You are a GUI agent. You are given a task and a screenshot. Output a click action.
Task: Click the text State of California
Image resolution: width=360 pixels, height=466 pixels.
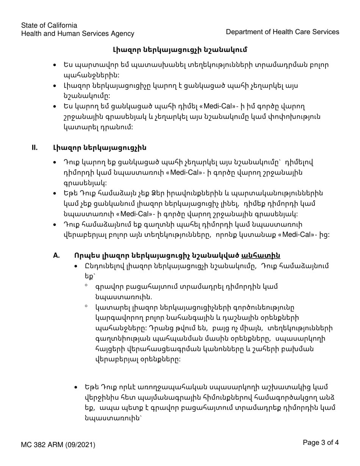pyautogui.click(x=49, y=25)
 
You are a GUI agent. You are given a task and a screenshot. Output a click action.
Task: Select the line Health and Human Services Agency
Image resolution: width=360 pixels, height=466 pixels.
pyautogui.click(x=78, y=34)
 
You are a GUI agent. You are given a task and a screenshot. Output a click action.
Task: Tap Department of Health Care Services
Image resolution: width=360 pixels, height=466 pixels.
pyautogui.click(x=282, y=32)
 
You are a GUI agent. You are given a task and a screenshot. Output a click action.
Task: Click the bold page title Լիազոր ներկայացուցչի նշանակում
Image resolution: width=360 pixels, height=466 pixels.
pyautogui.click(x=180, y=50)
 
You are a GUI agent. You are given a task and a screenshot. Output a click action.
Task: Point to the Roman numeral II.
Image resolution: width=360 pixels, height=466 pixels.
pyautogui.click(x=34, y=147)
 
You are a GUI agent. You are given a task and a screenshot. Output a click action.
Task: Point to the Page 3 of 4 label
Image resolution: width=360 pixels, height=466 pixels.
pyautogui.click(x=321, y=442)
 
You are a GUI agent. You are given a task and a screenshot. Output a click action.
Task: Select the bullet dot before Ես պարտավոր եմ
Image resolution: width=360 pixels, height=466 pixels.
pyautogui.click(x=56, y=65)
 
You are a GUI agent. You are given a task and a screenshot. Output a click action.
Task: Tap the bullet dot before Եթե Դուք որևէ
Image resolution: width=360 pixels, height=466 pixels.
pyautogui.click(x=77, y=388)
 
